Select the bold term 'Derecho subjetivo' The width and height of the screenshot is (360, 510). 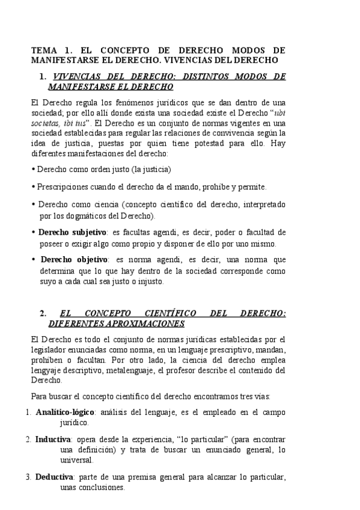72,232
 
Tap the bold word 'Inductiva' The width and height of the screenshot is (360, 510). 53,439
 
